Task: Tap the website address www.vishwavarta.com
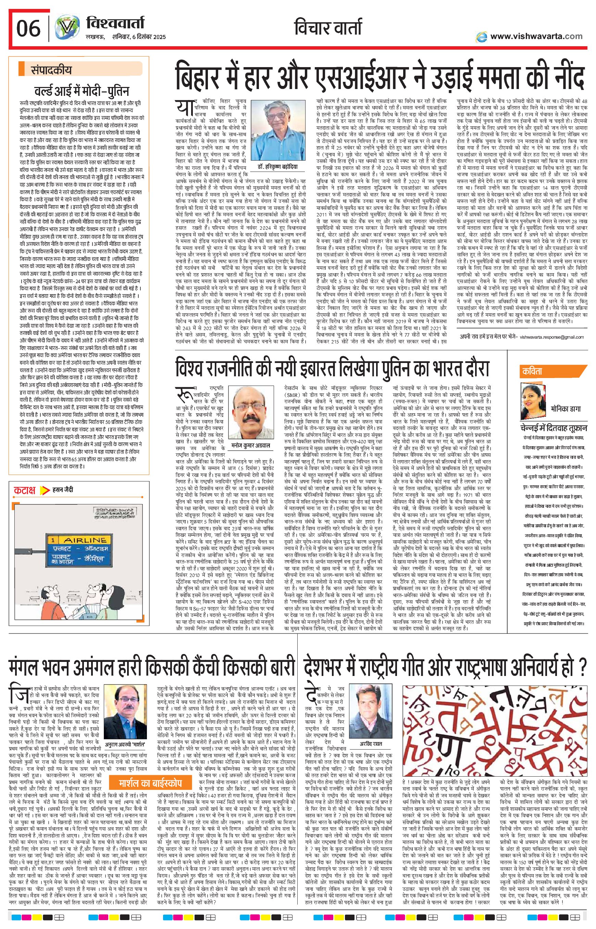pyautogui.click(x=536, y=36)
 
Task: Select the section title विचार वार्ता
pyautogui.click(x=328, y=28)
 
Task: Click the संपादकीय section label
pyautogui.click(x=51, y=70)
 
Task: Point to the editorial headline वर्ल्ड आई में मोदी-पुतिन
pyautogui.click(x=82, y=91)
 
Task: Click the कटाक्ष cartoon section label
pyautogui.click(x=25, y=490)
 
